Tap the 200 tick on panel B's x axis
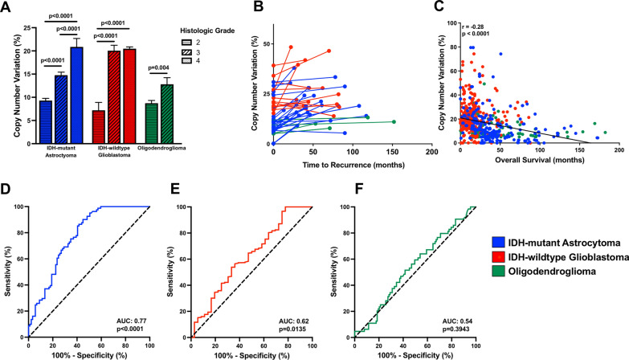tap(431, 151)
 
